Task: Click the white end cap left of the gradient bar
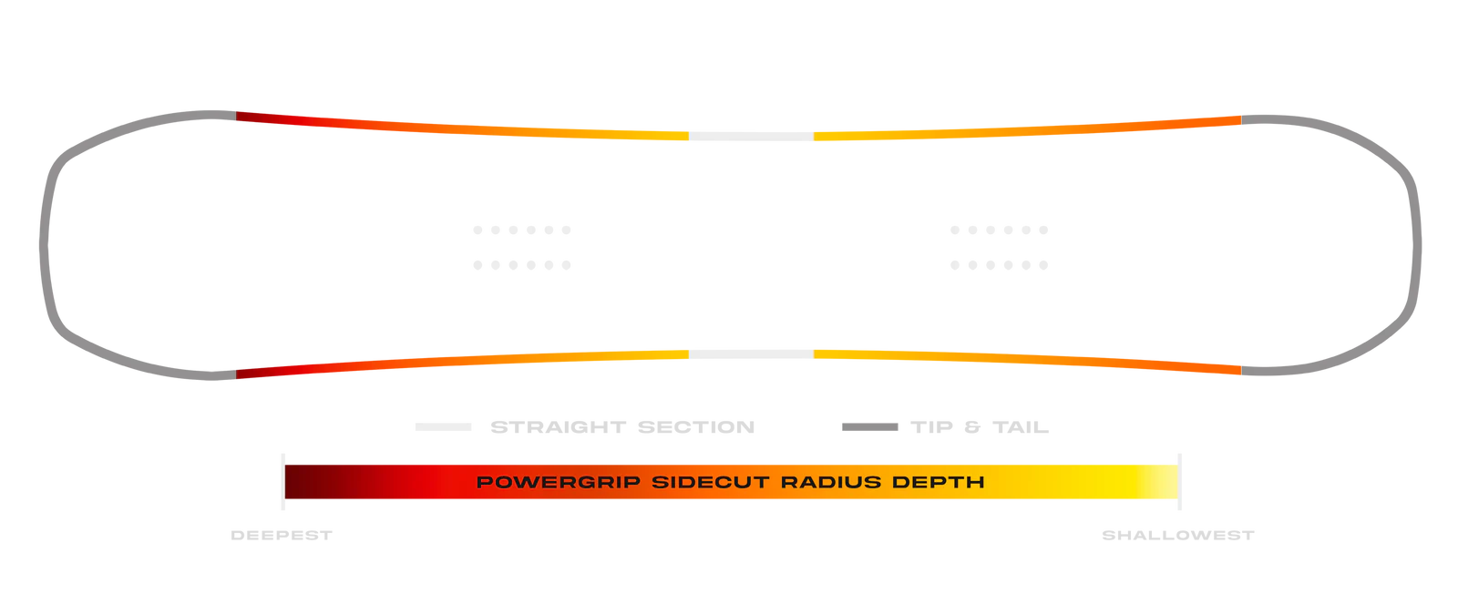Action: tap(283, 481)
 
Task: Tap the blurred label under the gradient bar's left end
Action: tap(281, 536)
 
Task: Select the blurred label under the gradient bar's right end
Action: tap(1179, 536)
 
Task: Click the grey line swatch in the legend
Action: tap(869, 425)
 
